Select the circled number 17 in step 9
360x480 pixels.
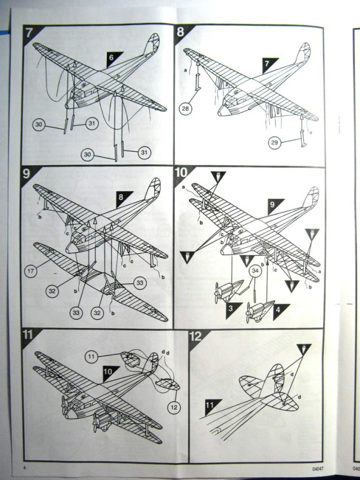point(33,271)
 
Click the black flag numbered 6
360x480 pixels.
point(111,57)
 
